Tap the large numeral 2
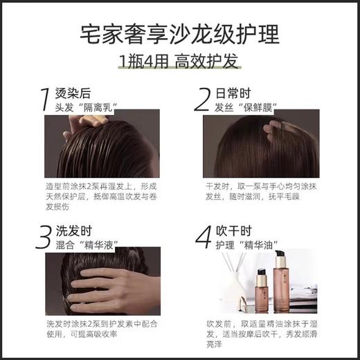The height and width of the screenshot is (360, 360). click(x=202, y=100)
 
